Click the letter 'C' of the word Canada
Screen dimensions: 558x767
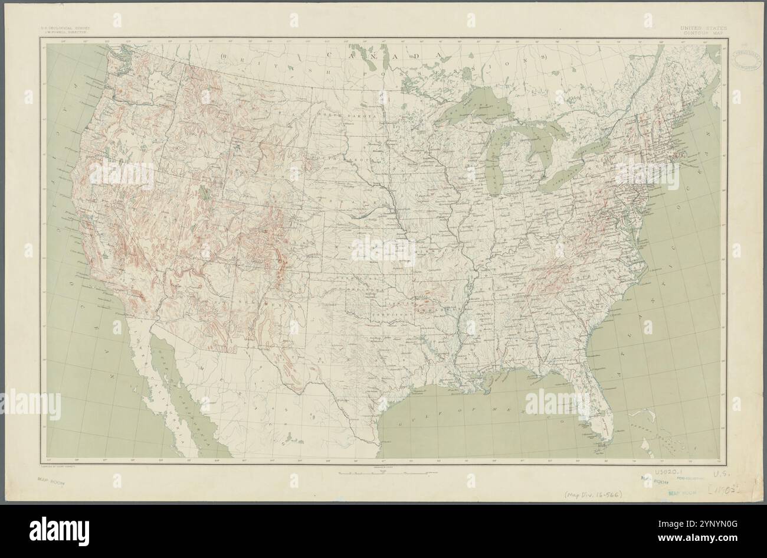[x=328, y=55]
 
